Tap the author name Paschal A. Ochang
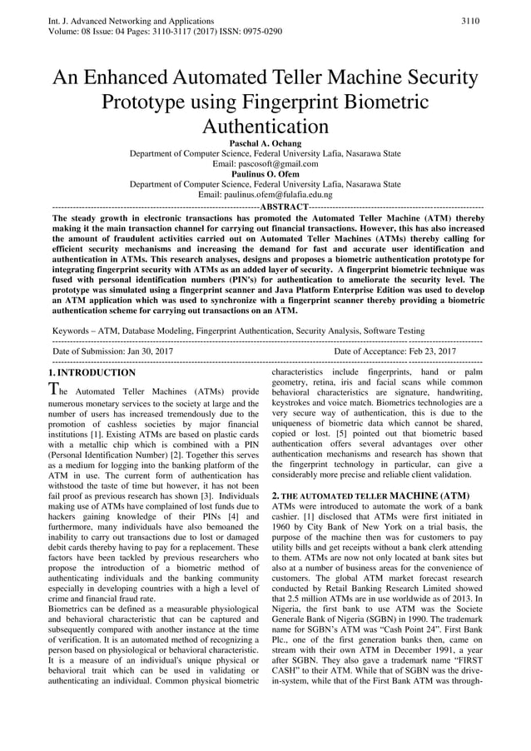click(x=265, y=143)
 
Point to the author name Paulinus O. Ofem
click(x=265, y=174)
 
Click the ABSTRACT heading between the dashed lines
click(x=284, y=206)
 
